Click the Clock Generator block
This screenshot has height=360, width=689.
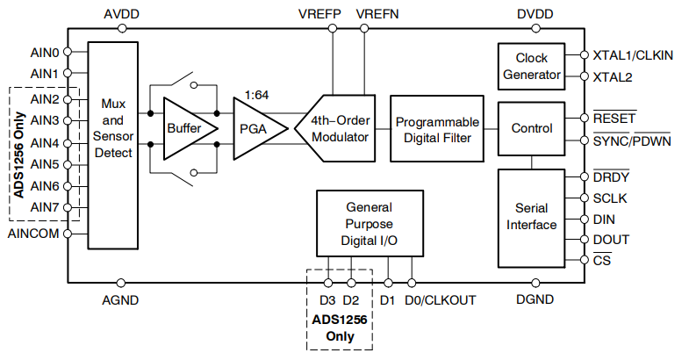531,67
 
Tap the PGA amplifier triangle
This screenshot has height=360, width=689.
260,128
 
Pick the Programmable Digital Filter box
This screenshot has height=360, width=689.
437,129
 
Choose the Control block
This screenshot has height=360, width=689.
531,129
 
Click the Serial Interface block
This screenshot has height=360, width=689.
531,219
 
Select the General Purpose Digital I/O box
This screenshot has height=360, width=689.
370,223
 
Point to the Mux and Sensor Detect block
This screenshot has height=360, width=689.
113,146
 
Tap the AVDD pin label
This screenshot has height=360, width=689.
121,14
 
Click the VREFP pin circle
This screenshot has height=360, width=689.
333,29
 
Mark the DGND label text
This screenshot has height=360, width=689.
535,299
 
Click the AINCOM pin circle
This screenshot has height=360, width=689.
68,234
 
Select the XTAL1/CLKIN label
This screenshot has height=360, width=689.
633,55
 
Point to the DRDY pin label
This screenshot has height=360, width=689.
611,176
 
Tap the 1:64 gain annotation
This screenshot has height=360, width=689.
256,95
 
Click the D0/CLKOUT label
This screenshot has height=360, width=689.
441,300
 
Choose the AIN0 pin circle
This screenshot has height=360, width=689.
68,52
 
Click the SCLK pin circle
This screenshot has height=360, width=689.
584,198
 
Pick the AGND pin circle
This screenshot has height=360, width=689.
121,283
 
